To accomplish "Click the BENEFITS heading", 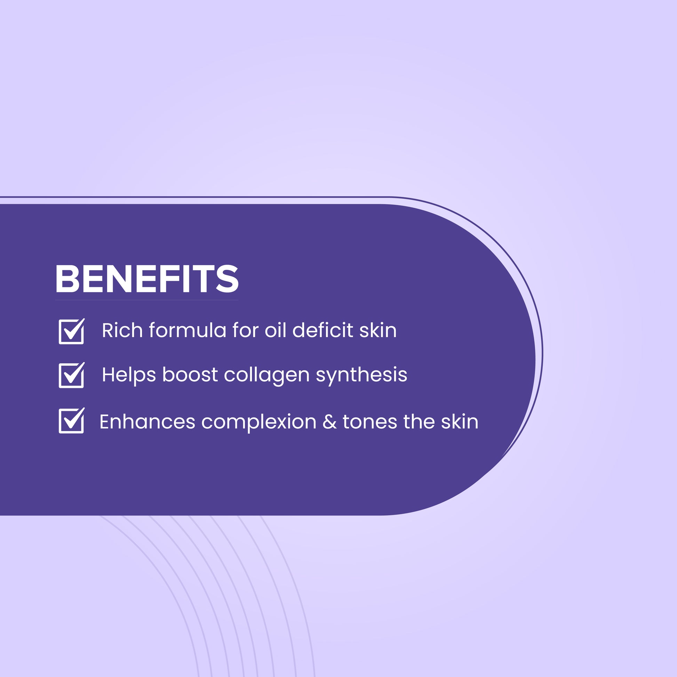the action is [x=147, y=279].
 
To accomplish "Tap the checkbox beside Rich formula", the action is [x=71, y=331].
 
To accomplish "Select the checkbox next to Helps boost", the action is [x=71, y=375].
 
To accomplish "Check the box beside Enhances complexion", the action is [x=71, y=420].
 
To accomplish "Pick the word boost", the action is [x=190, y=375].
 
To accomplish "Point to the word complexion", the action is [x=259, y=422].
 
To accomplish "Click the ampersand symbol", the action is [x=329, y=422].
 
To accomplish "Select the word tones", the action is [x=370, y=422].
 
